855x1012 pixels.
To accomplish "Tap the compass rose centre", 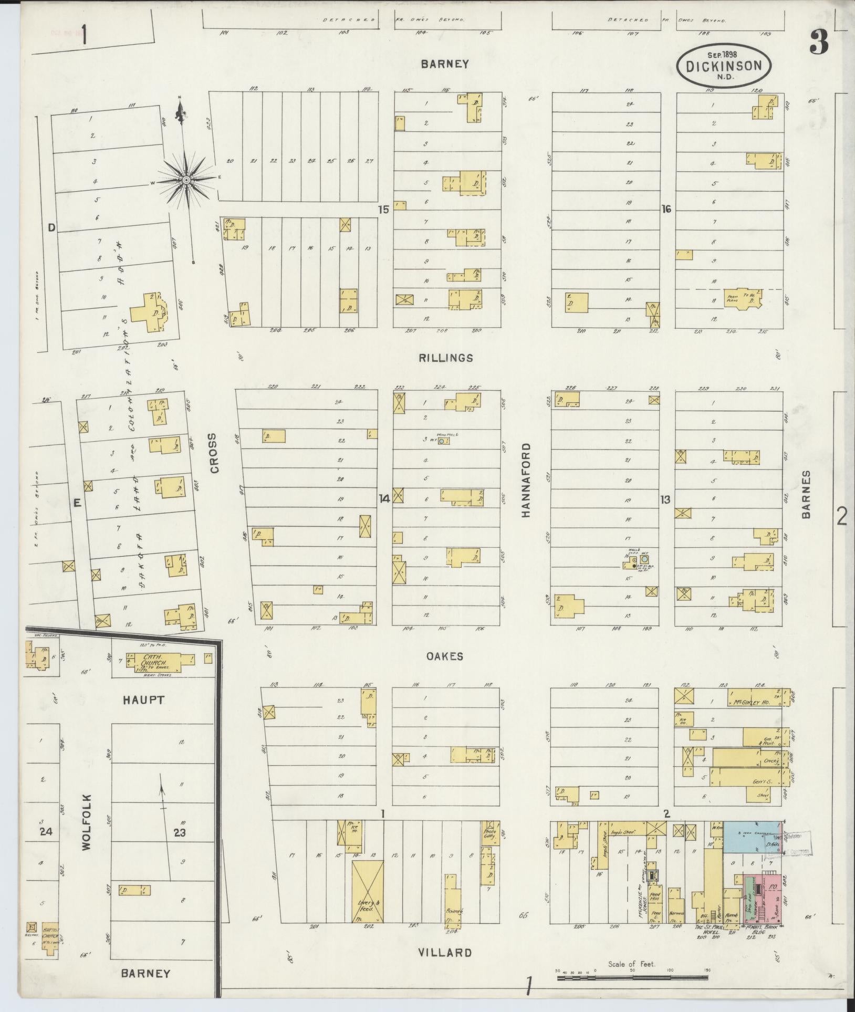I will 186,180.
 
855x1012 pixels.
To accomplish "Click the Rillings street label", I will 446,358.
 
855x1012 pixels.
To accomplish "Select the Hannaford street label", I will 526,481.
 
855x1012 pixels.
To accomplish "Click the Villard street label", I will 445,952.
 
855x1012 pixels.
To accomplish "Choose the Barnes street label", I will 806,494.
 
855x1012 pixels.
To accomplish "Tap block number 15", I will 383,210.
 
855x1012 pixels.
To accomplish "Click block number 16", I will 666,210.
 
